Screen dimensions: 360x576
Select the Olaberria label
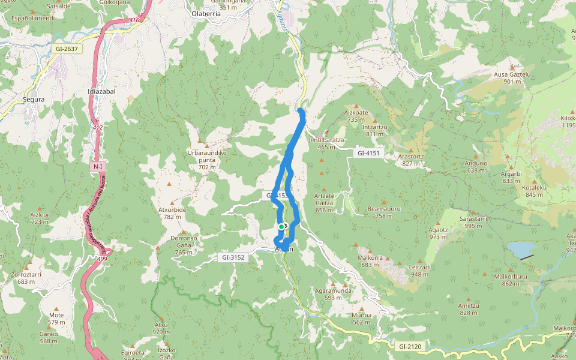(x=206, y=13)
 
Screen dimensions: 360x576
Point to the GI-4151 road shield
(x=368, y=154)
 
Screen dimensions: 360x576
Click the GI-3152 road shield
(x=233, y=257)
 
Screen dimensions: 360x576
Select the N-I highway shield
(x=98, y=166)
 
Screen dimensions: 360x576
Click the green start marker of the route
(x=281, y=226)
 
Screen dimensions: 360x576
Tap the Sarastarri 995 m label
(x=473, y=222)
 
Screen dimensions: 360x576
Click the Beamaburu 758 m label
(x=384, y=212)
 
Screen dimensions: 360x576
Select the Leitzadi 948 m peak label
(x=419, y=271)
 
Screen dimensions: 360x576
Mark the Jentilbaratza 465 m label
(x=326, y=143)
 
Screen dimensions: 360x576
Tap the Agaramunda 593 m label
(x=333, y=293)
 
